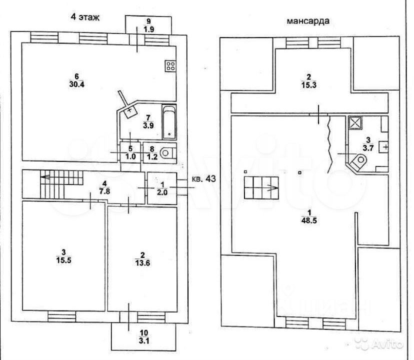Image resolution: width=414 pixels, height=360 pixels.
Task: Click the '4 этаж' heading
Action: tap(85, 17)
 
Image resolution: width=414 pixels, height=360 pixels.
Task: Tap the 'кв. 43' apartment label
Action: tap(203, 179)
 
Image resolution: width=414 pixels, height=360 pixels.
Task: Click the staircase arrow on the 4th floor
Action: tap(47, 177)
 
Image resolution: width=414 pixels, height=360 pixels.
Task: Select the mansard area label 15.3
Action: tap(308, 85)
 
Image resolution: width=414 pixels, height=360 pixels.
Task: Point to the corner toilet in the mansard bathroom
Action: tap(359, 161)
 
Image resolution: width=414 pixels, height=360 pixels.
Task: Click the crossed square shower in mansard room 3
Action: tap(354, 122)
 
